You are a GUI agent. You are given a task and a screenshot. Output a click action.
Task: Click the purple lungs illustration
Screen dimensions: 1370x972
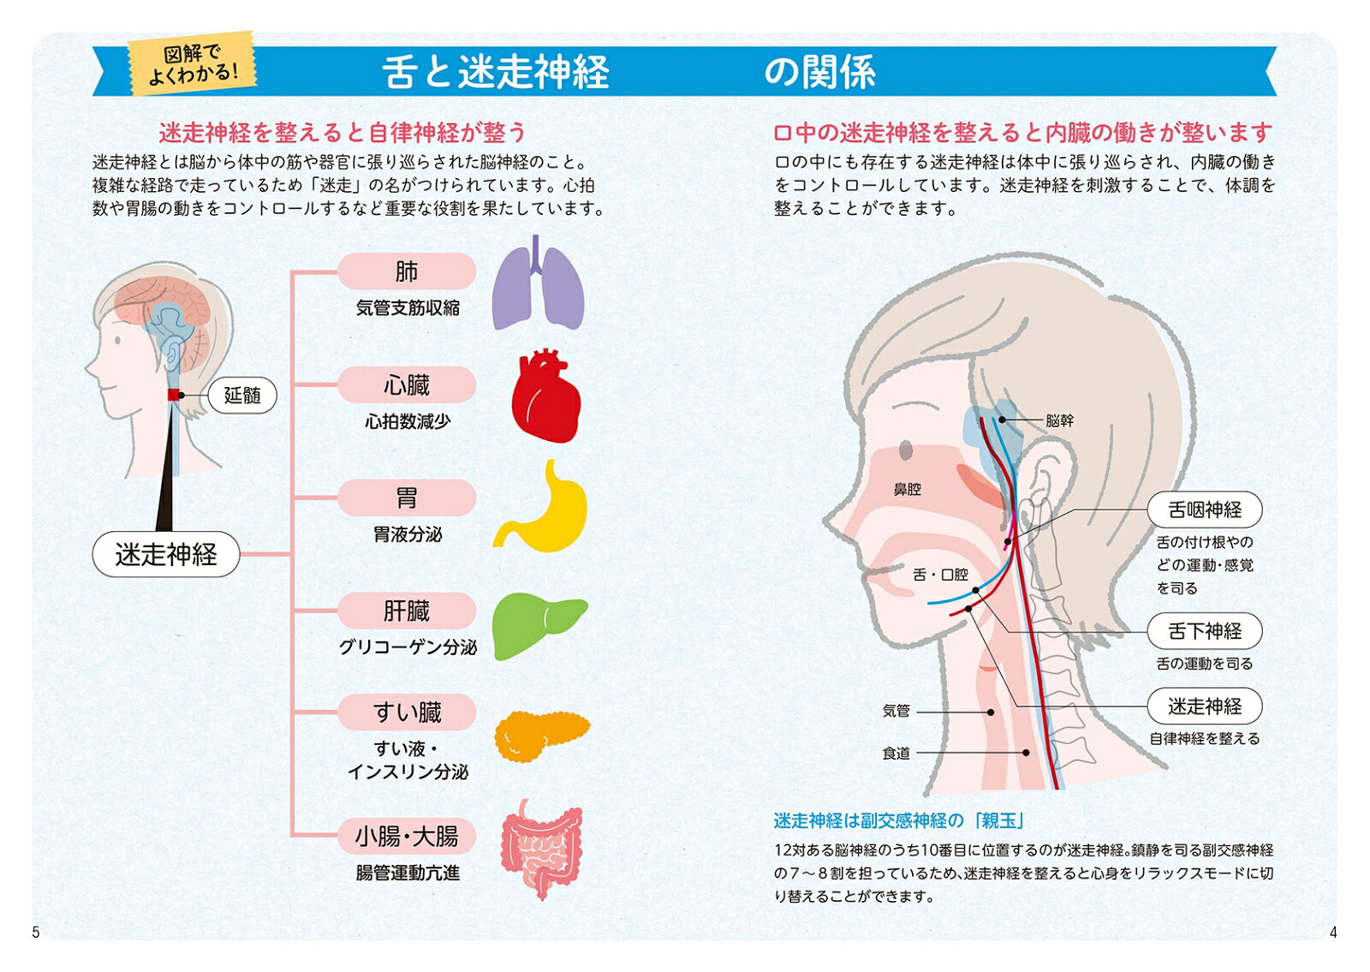point(539,283)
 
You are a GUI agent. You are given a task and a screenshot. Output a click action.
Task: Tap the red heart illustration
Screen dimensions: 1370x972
point(545,397)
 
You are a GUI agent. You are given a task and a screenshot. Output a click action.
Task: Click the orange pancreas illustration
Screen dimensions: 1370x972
point(541,736)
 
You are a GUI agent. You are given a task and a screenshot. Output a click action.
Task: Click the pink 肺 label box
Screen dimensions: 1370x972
point(407,271)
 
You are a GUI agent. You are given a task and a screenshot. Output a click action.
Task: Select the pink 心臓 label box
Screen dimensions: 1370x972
point(407,385)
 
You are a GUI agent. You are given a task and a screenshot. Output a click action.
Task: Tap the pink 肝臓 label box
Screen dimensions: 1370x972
point(407,611)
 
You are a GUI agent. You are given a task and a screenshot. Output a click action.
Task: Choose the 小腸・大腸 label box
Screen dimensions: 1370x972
point(407,836)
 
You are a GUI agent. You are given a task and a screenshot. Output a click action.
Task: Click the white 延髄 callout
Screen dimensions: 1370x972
point(242,395)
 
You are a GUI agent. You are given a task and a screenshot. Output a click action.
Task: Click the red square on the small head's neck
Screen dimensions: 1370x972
point(173,395)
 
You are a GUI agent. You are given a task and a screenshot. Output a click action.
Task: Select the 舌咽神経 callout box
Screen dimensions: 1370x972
point(1204,510)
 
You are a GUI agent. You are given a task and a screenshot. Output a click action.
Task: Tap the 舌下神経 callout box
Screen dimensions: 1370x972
point(1204,630)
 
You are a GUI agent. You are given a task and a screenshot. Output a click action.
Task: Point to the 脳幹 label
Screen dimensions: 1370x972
point(1059,420)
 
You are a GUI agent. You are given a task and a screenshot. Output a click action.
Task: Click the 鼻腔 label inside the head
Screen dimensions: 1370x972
point(907,489)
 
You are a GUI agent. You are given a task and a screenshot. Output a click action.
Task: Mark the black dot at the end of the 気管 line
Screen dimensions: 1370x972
point(991,712)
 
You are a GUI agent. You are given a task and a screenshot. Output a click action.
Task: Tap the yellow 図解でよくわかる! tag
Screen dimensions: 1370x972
point(192,63)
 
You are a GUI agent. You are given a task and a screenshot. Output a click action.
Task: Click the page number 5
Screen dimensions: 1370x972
point(35,932)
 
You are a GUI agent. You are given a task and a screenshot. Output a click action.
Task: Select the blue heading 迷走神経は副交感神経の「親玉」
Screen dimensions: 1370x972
point(899,820)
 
